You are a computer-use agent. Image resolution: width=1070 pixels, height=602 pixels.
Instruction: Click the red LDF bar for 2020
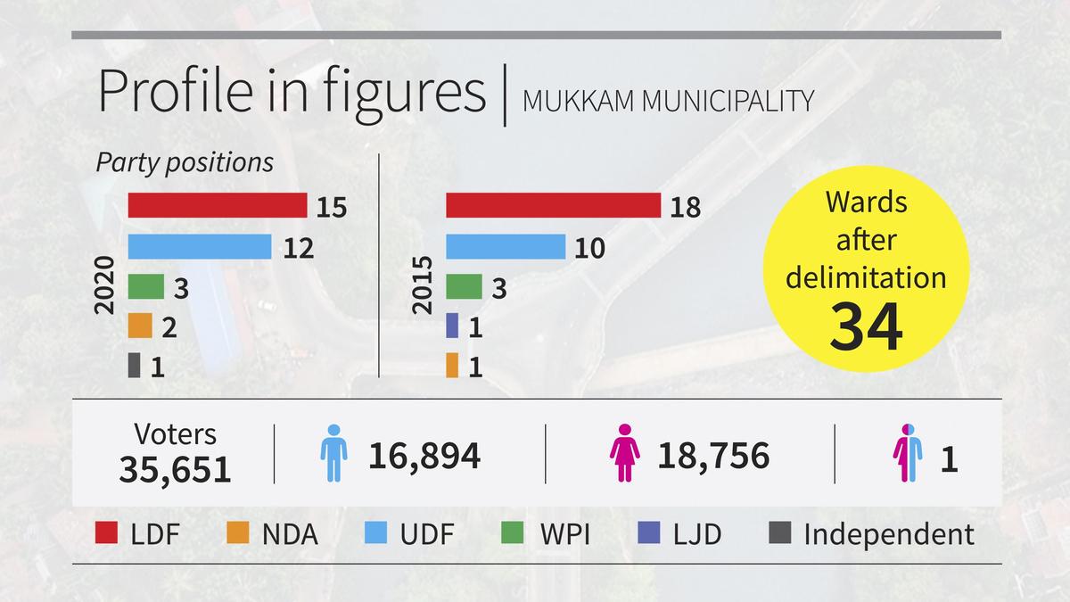pos(218,205)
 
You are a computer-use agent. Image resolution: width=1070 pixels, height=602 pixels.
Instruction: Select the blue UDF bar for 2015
pos(506,246)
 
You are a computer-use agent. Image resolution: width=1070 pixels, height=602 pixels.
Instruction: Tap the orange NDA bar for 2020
pos(140,326)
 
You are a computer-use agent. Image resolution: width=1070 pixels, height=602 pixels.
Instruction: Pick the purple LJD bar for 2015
pos(451,326)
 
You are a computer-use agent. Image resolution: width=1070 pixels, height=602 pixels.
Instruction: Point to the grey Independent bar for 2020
pos(134,366)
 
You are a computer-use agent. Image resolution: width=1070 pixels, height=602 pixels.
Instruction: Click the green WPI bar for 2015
pos(464,286)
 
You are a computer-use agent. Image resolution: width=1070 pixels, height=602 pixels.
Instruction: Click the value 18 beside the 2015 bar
pos(686,207)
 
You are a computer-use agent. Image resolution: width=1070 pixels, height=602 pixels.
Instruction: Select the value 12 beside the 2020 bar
pos(298,247)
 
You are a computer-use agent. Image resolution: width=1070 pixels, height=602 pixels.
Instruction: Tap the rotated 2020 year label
pos(105,285)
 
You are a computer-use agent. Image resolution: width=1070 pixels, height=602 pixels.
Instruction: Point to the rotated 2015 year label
pos(423,285)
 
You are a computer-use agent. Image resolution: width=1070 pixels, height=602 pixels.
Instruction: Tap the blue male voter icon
pos(333,454)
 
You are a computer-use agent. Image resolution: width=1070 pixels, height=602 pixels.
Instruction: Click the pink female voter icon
pos(625,454)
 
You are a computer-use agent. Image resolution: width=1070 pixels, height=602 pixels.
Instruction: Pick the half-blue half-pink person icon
pos(908,454)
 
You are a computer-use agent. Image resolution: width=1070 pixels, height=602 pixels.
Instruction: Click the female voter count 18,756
pos(713,456)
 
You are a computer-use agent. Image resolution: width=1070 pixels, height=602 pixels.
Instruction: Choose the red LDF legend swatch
pos(107,534)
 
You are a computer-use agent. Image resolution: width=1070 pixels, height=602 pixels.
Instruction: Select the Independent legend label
pos(888,534)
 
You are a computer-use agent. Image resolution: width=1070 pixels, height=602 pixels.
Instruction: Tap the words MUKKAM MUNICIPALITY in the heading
pos(668,102)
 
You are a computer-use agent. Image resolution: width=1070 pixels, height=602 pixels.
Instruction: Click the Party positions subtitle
pos(185,163)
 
